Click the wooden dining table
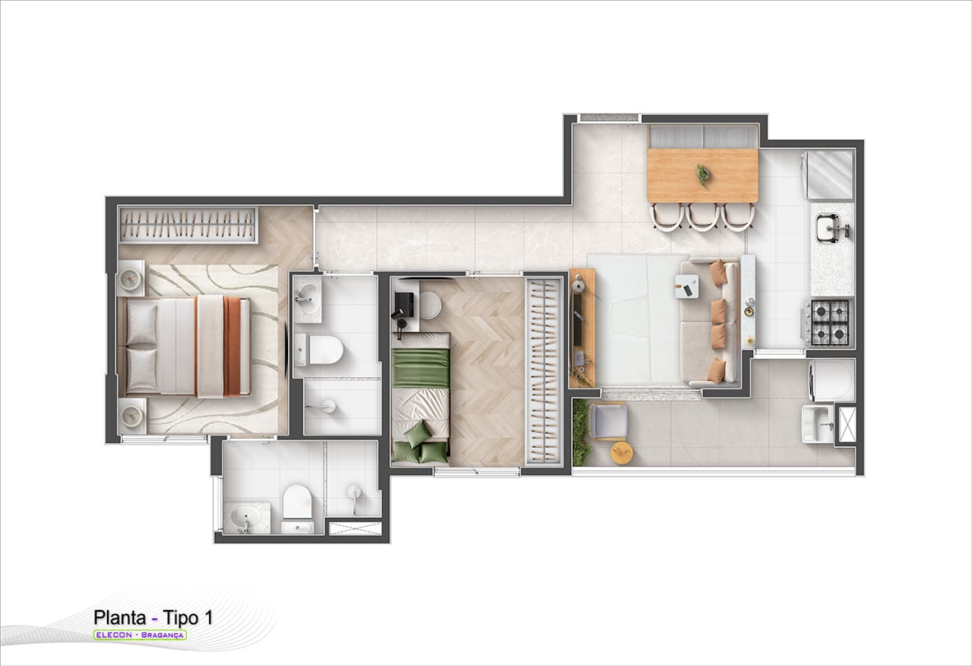point(702,175)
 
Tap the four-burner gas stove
point(829,322)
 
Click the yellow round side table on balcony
point(621,452)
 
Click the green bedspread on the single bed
point(421,368)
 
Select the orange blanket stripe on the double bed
point(232,346)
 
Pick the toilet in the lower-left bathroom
point(298,508)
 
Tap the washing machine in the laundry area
point(832,380)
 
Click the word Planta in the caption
point(120,617)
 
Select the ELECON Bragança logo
point(139,635)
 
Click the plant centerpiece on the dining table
point(702,175)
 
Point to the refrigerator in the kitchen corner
point(830,175)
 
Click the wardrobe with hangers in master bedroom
point(188,225)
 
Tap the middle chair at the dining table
point(703,217)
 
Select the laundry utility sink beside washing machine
point(817,423)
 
